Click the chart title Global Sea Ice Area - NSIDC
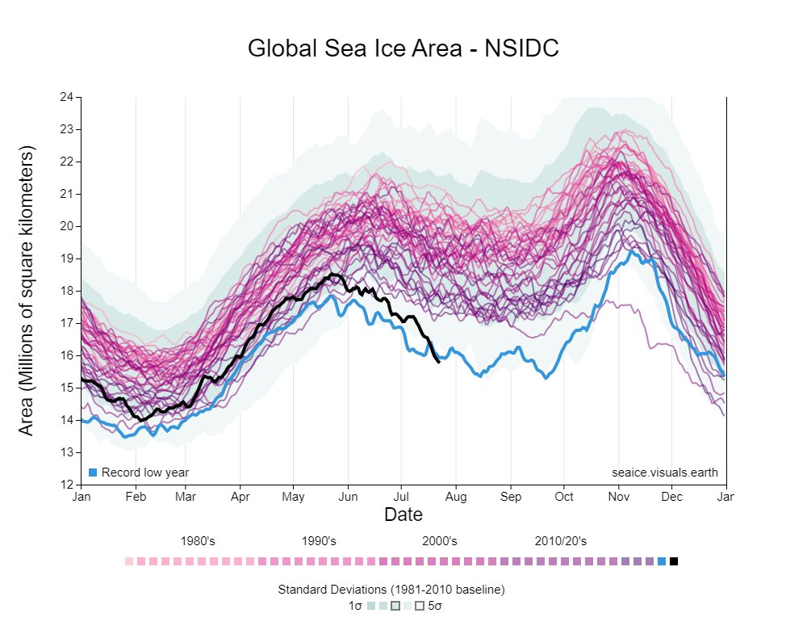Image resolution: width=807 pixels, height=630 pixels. (403, 48)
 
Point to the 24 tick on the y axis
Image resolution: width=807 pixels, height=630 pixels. (68, 97)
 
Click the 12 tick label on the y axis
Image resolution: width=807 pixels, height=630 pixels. (68, 485)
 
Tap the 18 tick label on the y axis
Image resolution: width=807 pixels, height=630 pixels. (68, 291)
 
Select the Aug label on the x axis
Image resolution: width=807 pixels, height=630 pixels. (456, 497)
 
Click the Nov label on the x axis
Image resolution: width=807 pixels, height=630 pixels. (619, 497)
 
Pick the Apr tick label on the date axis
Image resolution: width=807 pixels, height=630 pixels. (240, 497)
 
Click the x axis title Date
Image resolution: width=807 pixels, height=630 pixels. (403, 514)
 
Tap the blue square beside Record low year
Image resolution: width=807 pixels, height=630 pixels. (93, 472)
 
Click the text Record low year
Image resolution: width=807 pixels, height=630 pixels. (145, 472)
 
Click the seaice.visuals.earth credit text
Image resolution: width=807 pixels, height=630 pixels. (664, 472)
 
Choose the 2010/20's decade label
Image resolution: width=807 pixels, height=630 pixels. (560, 541)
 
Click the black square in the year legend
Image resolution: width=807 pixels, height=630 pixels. (674, 561)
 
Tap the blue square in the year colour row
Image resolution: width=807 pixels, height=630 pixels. (662, 561)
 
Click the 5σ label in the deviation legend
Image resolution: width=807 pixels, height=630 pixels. (435, 605)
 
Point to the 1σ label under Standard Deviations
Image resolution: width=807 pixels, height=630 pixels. (355, 605)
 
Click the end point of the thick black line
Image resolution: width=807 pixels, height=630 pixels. (438, 362)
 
